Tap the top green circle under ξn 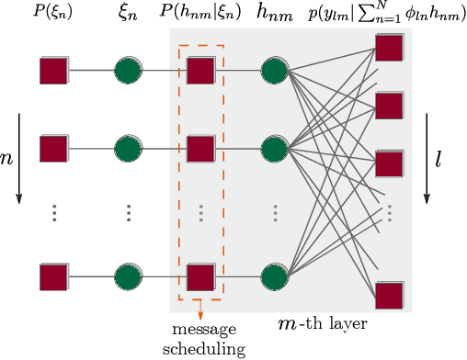[129, 70]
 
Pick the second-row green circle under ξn [129, 147]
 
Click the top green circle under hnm [275, 70]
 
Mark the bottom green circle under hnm [275, 276]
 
